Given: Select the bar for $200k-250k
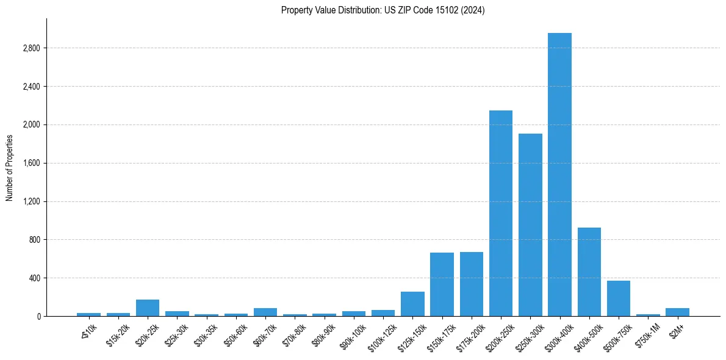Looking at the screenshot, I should (501, 214).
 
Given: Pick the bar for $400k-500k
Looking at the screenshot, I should (589, 272).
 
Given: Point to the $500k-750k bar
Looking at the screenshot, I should (619, 298).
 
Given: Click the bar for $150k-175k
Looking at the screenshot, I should (442, 284).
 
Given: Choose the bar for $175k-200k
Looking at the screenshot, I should (472, 284).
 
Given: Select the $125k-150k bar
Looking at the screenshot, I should (412, 304).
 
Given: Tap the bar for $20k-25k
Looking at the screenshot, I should (148, 308).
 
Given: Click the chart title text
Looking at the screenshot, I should (383, 10).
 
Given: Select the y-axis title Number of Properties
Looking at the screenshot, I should (10, 167).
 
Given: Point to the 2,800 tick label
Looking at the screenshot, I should (31, 48).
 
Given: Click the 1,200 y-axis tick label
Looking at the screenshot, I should (31, 201).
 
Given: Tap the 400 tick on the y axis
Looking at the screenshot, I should (34, 278).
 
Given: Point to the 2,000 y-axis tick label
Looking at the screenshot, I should (31, 125).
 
